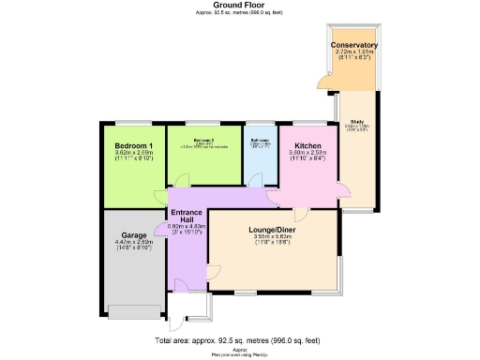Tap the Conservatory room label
click(354, 45)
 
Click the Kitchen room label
click(308, 147)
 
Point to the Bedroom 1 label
click(133, 147)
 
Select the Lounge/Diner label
click(273, 230)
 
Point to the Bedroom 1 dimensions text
click(133, 157)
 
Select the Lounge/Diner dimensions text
click(273, 239)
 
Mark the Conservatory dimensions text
click(354, 55)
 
